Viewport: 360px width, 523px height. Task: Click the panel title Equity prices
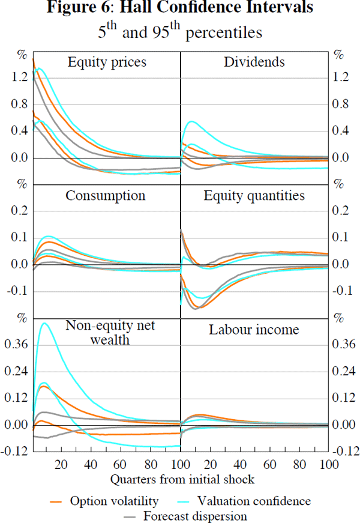tap(107, 62)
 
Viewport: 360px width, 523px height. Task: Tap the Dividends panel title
tap(254, 62)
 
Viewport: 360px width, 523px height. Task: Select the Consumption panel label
tap(106, 196)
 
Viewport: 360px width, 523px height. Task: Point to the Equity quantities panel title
tap(254, 196)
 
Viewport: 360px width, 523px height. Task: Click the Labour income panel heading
tap(254, 330)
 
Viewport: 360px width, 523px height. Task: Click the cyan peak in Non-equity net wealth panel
tap(44, 324)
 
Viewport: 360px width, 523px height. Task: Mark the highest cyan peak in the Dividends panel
tap(191, 122)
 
